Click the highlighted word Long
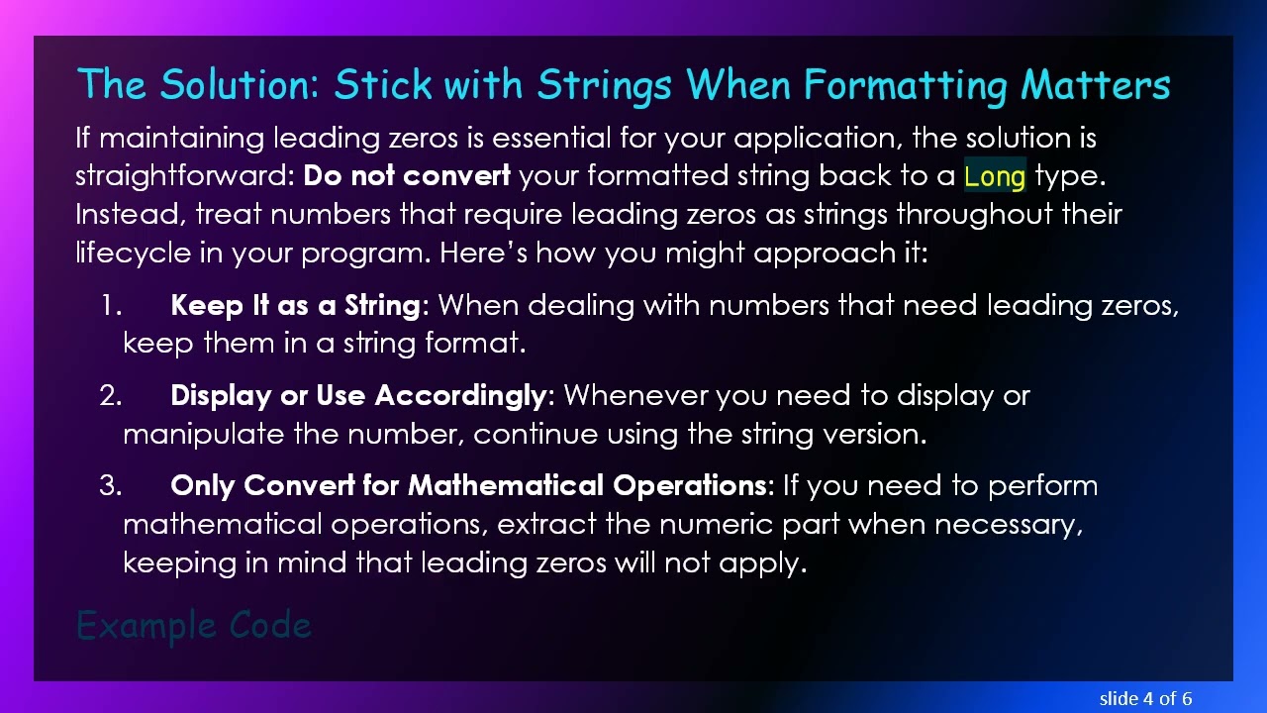click(x=995, y=176)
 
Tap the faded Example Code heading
click(x=194, y=626)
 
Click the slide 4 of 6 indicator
click(x=1145, y=698)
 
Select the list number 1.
click(x=110, y=305)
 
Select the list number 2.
click(x=110, y=395)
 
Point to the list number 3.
click(x=110, y=485)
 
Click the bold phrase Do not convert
click(x=407, y=176)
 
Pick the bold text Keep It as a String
click(x=295, y=305)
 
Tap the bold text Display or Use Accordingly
click(x=357, y=395)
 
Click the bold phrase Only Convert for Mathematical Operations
click(x=468, y=485)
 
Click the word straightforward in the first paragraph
click(x=184, y=176)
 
